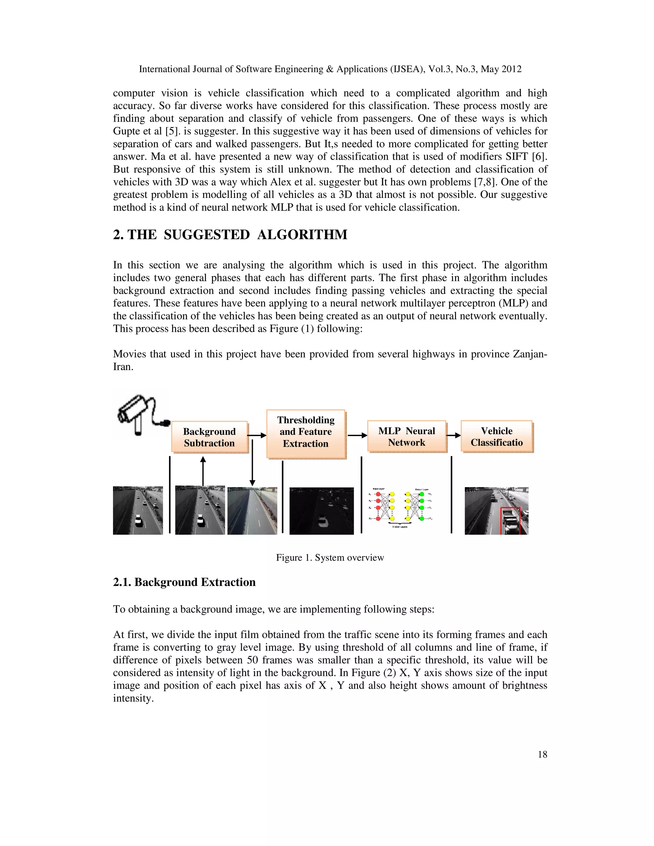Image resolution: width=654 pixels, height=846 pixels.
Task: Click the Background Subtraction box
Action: [x=209, y=437]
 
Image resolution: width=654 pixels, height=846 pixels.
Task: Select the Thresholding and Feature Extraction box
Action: [x=306, y=432]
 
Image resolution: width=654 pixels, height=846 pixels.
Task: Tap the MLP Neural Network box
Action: [x=407, y=436]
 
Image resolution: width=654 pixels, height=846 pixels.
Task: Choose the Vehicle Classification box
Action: [x=496, y=436]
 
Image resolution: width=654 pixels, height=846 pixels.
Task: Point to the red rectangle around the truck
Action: [x=510, y=521]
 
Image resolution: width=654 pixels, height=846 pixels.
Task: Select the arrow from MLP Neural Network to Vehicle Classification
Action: [x=453, y=435]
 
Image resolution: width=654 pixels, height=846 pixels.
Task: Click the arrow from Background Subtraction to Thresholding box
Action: [x=257, y=435]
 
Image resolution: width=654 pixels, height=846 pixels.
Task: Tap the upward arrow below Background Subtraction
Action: [x=203, y=470]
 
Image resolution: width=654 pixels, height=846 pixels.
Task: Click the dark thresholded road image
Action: [x=321, y=510]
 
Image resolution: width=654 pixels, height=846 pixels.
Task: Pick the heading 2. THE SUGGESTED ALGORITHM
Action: [x=230, y=235]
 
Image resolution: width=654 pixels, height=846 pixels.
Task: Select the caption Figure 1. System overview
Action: [x=330, y=557]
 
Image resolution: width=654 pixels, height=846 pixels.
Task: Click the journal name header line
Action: [x=330, y=69]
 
